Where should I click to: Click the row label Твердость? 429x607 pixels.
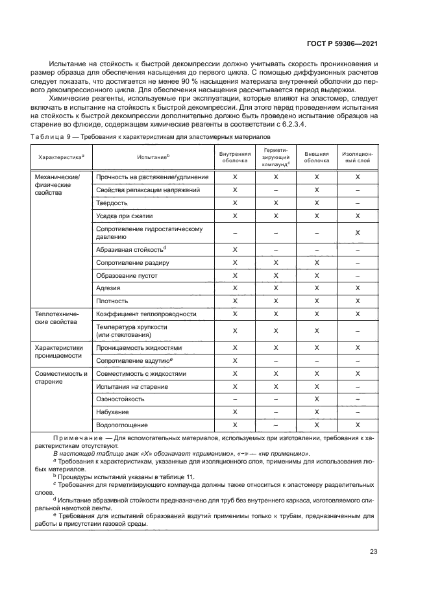tap(112, 203)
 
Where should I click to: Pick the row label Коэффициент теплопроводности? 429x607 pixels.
tap(146, 314)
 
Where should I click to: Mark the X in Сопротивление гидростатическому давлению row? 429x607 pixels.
tap(357, 232)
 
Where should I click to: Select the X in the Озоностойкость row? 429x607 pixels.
tap(316, 399)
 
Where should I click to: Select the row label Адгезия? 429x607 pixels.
tap(108, 288)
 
